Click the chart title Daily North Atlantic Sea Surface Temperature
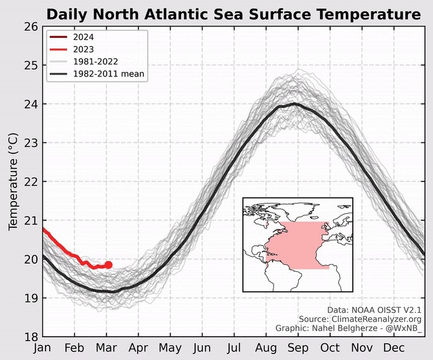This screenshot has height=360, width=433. (233, 14)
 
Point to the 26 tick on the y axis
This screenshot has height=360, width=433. (32, 27)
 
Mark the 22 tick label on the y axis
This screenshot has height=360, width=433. (32, 182)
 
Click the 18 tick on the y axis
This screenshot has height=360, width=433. (32, 337)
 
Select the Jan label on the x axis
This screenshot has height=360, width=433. (42, 348)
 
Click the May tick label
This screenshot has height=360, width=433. (170, 348)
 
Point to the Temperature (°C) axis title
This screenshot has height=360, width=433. (14, 182)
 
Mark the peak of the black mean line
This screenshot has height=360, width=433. (294, 104)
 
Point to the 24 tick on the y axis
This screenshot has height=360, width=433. (32, 104)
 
